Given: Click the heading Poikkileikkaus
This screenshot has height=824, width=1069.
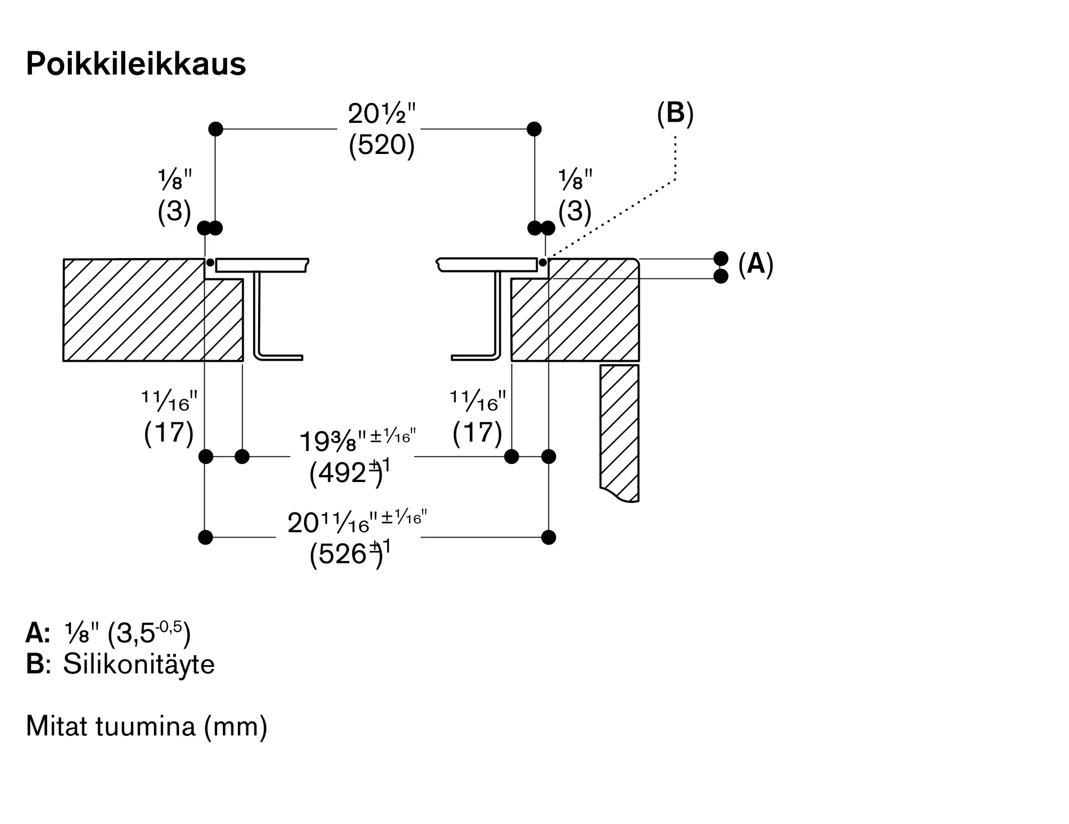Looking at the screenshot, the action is (136, 64).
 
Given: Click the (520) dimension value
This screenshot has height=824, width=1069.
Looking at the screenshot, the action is (382, 144).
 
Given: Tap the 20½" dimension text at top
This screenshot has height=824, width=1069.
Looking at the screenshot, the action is (382, 113).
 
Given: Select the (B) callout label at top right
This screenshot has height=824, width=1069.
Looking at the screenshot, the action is (675, 113).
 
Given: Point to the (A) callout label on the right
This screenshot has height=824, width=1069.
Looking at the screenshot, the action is (756, 264).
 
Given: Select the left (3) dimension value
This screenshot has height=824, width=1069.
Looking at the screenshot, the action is (174, 211).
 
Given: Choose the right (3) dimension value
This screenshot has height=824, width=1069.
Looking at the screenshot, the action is (575, 211).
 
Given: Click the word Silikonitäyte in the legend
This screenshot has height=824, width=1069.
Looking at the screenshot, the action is (139, 665).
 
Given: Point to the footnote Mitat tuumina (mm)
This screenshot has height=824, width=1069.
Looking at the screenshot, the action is (146, 727).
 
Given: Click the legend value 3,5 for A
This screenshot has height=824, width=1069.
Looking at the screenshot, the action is (136, 634).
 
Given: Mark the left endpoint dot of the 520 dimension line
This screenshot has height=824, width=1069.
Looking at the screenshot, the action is (215, 129).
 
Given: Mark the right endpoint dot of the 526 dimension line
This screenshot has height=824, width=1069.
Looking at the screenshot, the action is (549, 537).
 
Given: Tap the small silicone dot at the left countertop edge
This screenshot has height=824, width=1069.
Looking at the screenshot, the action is (211, 262).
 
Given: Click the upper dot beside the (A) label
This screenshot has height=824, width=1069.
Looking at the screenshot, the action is (721, 259).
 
